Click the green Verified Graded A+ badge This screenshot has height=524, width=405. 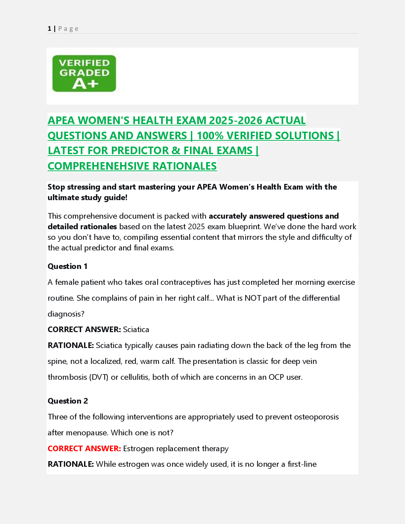pos(84,73)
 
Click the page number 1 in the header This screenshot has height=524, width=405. pos(49,29)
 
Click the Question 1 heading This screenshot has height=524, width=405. pos(67,266)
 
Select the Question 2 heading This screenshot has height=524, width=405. pos(68,401)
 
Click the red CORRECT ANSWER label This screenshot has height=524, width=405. pos(84,449)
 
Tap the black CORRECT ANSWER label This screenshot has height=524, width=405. pos(84,329)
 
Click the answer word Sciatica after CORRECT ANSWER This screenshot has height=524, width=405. pos(136,329)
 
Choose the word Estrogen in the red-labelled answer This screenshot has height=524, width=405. pos(138,449)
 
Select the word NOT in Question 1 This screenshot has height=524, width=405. pos(253,298)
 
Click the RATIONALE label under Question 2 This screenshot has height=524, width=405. pos(71,464)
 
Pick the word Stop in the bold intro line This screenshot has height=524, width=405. pos(56,187)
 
